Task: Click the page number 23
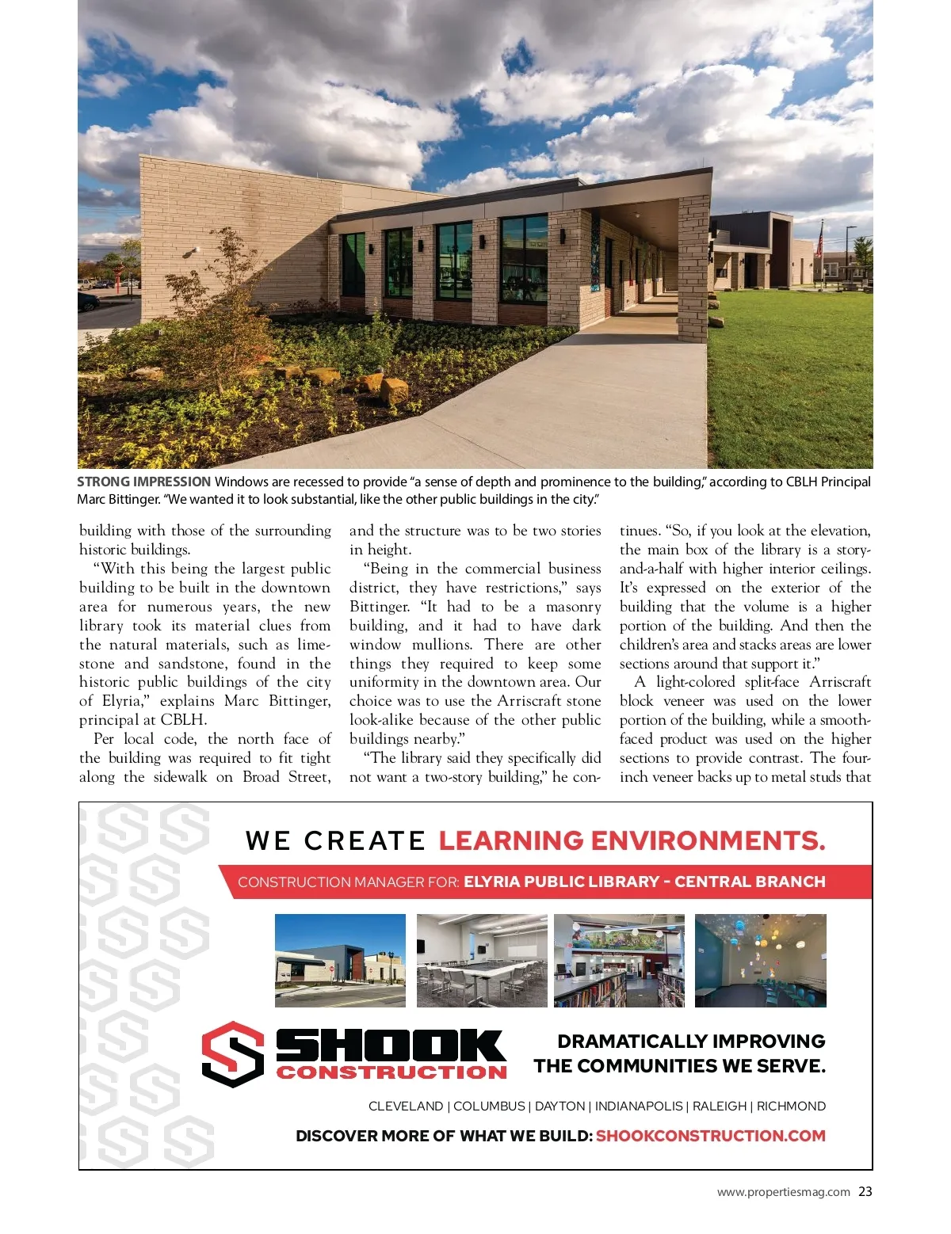click(x=865, y=1191)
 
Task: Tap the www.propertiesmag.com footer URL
click(x=783, y=1192)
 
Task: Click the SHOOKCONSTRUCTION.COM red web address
click(x=710, y=1136)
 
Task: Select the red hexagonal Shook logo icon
click(x=232, y=1053)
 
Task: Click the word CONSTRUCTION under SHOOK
click(x=391, y=1072)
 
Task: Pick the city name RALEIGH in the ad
click(x=720, y=1106)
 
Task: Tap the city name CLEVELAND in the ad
click(x=406, y=1106)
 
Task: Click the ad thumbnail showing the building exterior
click(x=340, y=960)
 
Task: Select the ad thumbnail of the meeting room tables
click(x=482, y=960)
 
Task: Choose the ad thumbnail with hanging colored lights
click(x=760, y=960)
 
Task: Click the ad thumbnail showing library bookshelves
click(x=619, y=960)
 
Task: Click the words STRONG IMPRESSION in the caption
click(x=143, y=482)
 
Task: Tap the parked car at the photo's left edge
click(x=86, y=301)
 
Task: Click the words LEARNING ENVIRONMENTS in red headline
click(x=632, y=840)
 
